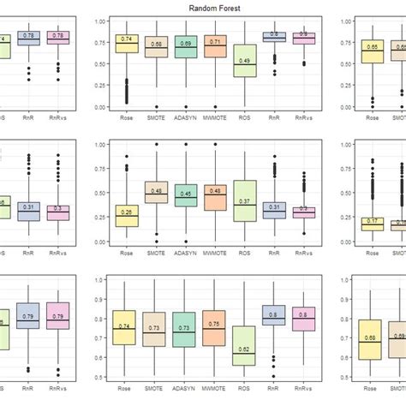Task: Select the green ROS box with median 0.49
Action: pyautogui.click(x=245, y=61)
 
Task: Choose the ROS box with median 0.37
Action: pyautogui.click(x=245, y=201)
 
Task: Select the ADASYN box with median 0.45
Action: pyautogui.click(x=186, y=195)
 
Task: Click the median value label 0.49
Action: pyautogui.click(x=245, y=61)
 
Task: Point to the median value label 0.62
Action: pyautogui.click(x=245, y=349)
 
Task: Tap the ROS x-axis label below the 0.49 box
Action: pyautogui.click(x=245, y=118)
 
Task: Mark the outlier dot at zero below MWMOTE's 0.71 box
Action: pyautogui.click(x=216, y=107)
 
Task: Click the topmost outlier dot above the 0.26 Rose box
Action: pyautogui.click(x=127, y=157)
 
